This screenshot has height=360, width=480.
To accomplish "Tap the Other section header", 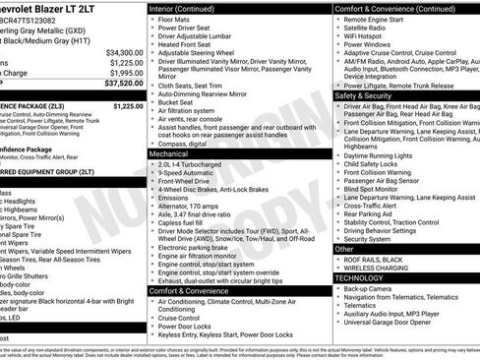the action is [x=344, y=249].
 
